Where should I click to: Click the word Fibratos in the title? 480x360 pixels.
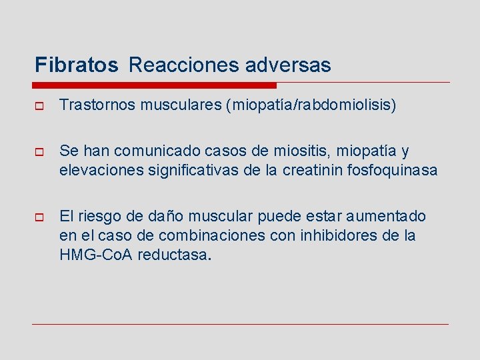pos(77,65)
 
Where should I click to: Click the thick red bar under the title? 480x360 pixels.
pos(155,85)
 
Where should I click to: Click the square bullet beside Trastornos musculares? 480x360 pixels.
pos(38,105)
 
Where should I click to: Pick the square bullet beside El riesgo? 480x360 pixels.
pos(38,217)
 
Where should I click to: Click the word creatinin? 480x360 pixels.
pos(313,170)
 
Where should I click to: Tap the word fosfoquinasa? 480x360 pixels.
pos(391,170)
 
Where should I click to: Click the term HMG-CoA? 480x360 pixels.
pos(96,254)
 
